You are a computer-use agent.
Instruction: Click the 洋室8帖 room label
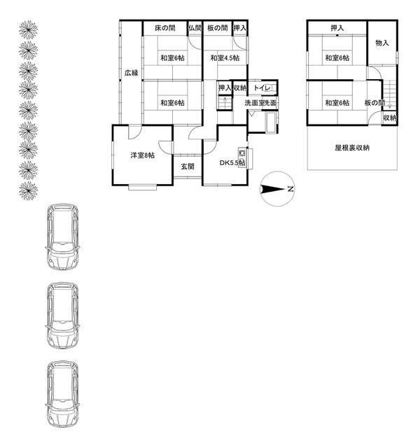[143, 155]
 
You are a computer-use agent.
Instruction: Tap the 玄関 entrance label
[188, 167]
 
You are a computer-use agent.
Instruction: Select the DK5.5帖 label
[232, 163]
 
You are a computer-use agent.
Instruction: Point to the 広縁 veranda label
[132, 73]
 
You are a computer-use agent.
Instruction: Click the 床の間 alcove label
[165, 28]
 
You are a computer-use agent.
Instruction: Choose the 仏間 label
[195, 28]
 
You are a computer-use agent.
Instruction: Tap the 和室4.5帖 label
[225, 58]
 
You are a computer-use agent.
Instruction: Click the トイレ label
[262, 88]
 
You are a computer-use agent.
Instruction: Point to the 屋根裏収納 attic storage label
[352, 148]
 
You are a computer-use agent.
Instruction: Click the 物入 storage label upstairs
[382, 43]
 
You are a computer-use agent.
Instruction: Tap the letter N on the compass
[291, 189]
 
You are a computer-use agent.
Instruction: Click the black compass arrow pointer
[272, 189]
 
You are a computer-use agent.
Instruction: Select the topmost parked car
[62, 237]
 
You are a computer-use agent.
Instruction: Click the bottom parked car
[62, 394]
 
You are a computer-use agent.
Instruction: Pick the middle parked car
[62, 316]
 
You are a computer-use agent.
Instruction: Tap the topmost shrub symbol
[28, 29]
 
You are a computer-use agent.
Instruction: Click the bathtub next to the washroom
[271, 122]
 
